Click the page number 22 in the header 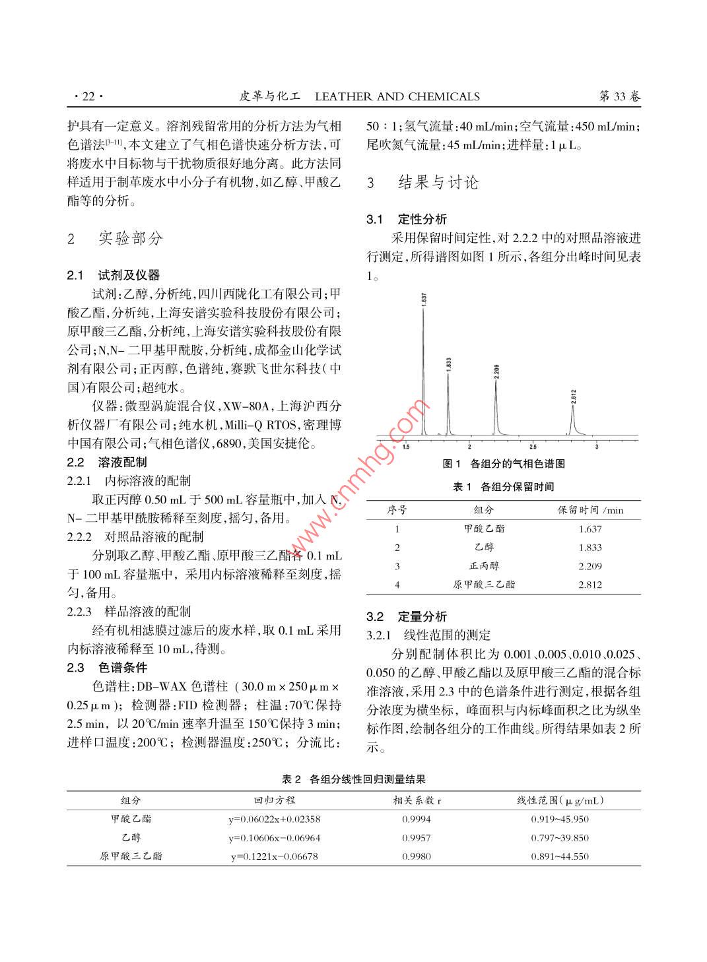tap(88, 97)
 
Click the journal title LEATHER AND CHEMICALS tap(397, 97)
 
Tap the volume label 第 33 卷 tap(619, 97)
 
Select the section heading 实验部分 tap(131, 239)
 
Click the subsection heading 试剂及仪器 tap(129, 275)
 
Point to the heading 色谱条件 tap(123, 668)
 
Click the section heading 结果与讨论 tap(438, 183)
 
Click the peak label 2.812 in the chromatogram tap(574, 397)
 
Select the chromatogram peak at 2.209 tap(496, 402)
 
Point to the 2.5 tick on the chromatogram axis tap(533, 447)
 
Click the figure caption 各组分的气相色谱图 tap(518, 464)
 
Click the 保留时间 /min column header tap(590, 510)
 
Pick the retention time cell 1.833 tap(590, 548)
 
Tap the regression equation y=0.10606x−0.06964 tap(275, 838)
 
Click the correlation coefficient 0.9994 tap(416, 819)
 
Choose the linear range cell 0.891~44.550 tap(560, 856)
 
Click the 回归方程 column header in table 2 tap(275, 800)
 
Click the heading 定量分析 tap(422, 617)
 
